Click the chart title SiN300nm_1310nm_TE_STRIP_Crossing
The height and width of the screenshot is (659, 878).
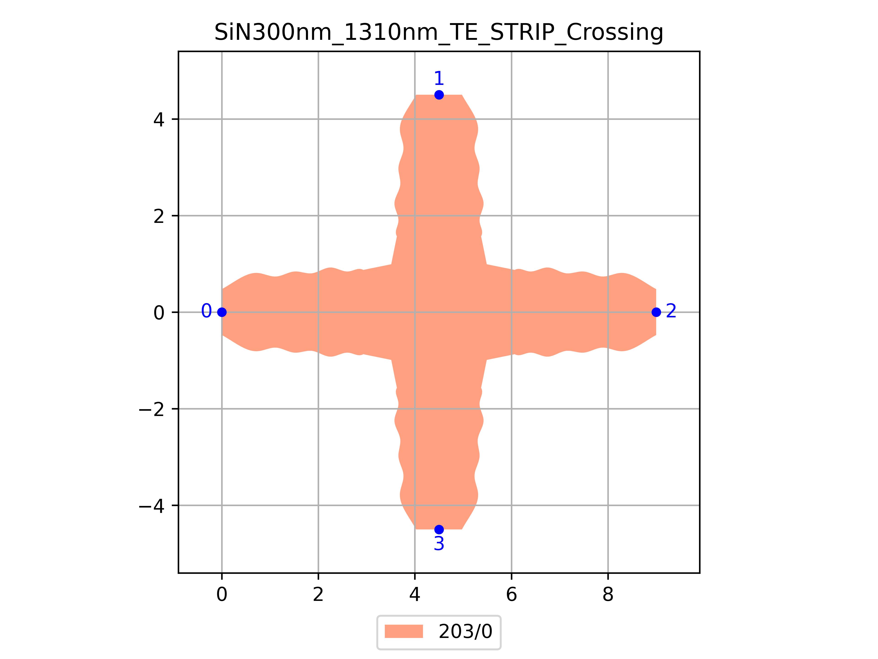tap(439, 32)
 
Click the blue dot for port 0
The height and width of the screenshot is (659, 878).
tap(222, 312)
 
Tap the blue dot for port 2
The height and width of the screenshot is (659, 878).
tap(656, 312)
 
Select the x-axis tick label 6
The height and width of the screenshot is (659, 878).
tap(511, 595)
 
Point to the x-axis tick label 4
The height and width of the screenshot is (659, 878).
tap(415, 595)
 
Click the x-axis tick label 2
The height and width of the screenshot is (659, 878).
tap(318, 595)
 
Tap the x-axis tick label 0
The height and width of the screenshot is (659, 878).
tap(222, 595)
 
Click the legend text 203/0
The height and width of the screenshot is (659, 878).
tap(465, 632)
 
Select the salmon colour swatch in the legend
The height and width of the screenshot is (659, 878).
tap(404, 632)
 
